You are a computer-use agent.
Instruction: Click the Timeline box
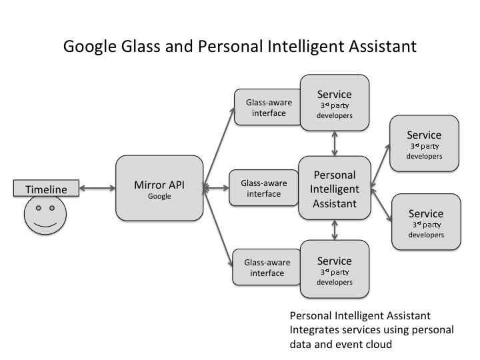(x=46, y=189)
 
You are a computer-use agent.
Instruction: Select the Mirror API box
(x=159, y=188)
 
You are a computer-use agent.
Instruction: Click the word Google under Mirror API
(x=159, y=197)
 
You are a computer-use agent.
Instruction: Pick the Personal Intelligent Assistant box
(x=335, y=188)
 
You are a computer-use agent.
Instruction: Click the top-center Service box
(x=335, y=103)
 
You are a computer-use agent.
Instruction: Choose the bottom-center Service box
(x=335, y=269)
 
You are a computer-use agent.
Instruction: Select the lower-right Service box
(x=426, y=221)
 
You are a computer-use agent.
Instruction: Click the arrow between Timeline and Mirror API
(x=97, y=189)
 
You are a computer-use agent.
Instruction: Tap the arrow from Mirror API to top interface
(x=219, y=147)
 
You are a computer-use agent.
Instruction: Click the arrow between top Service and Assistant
(x=335, y=143)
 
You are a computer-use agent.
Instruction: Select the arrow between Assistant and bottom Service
(x=335, y=230)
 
